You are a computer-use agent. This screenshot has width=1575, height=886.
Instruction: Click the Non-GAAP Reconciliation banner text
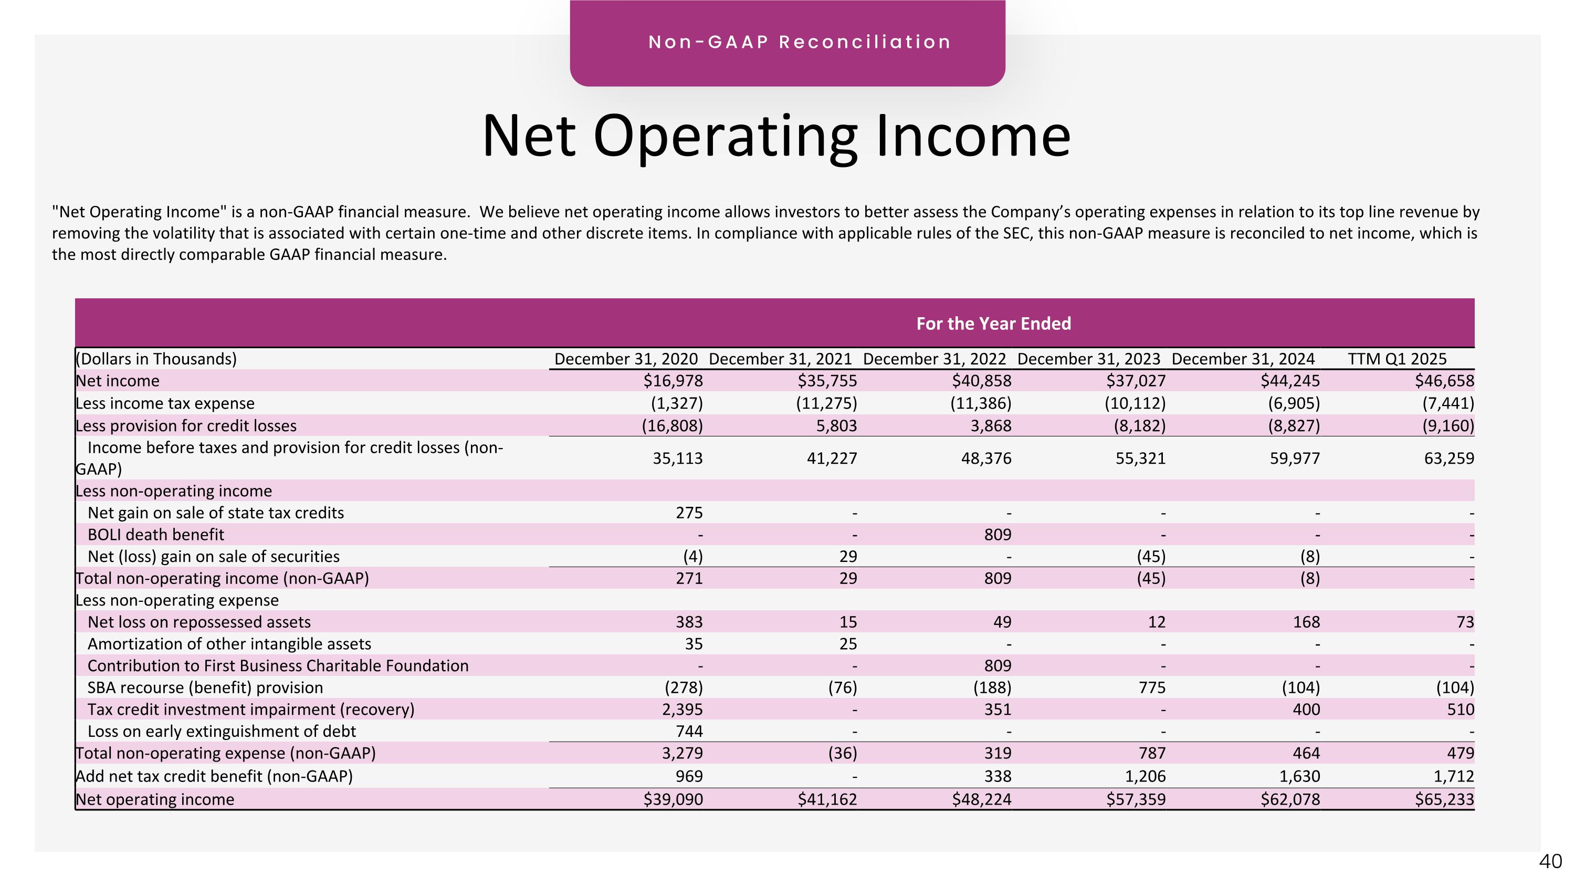[x=800, y=42]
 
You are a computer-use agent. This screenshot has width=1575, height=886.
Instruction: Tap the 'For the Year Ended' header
[x=993, y=324]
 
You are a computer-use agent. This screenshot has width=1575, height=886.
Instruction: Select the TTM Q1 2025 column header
[x=1397, y=359]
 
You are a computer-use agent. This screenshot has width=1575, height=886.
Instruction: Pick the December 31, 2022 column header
[x=934, y=359]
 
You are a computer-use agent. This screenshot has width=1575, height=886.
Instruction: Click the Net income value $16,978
[x=673, y=381]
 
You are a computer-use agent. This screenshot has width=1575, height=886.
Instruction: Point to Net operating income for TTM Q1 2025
[x=1444, y=799]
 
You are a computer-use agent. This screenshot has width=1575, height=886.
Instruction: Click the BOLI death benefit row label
[x=155, y=535]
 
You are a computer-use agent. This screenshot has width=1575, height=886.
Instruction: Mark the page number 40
[x=1550, y=861]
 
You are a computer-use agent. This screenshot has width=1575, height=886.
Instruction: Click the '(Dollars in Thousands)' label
[x=156, y=359]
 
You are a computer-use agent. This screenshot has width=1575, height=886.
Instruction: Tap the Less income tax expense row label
[x=164, y=403]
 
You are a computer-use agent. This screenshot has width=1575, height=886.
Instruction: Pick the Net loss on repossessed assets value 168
[x=1306, y=622]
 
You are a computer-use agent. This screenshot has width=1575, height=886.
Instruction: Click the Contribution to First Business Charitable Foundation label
[x=278, y=665]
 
